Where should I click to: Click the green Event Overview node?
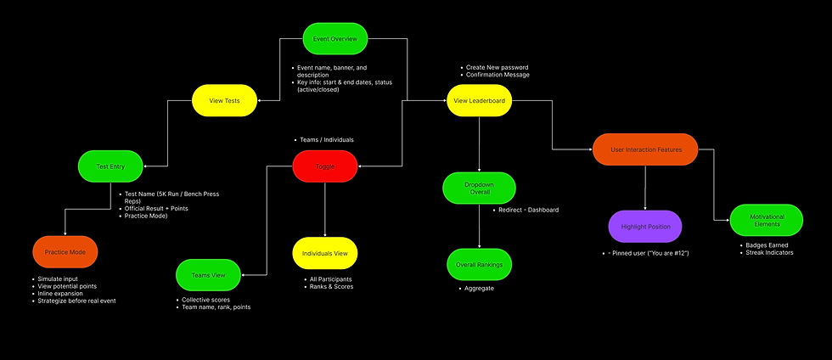click(334, 39)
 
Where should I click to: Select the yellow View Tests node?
click(224, 101)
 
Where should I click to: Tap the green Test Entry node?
click(111, 166)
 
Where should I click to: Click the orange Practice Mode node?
click(65, 252)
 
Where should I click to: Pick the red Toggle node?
click(325, 166)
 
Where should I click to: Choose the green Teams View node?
click(208, 274)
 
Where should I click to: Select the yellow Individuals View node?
click(325, 253)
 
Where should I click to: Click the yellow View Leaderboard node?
click(480, 101)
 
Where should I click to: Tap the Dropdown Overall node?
click(480, 188)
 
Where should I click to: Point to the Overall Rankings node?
click(480, 264)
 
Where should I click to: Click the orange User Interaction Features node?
click(645, 149)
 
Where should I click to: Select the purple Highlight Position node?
click(645, 227)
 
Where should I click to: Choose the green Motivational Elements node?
click(766, 221)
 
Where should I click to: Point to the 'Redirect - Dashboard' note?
click(528, 210)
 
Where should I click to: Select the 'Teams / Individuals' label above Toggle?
click(327, 139)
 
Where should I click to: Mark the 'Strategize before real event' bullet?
click(77, 301)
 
